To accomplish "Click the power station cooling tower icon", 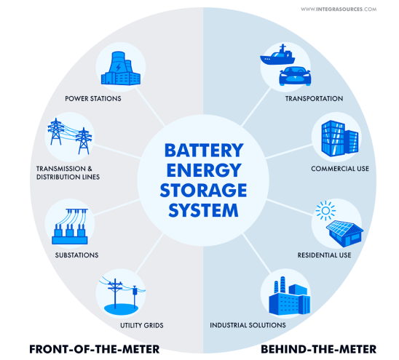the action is (x=121, y=68).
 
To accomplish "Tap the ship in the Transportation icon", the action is (x=277, y=55).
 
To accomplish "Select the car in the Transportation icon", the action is (x=295, y=76).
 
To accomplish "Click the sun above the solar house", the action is (x=325, y=211).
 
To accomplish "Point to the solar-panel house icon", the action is (x=345, y=233).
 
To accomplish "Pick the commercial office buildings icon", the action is (x=340, y=138).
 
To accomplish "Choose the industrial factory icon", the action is (x=290, y=296).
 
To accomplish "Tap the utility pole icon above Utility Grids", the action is (x=122, y=296).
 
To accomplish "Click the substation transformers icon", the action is (x=70, y=226).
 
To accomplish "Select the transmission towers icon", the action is (x=70, y=136).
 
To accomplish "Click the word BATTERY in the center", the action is (x=204, y=151).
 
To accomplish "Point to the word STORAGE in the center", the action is (x=203, y=190).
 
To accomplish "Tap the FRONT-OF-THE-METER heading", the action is (x=95, y=349).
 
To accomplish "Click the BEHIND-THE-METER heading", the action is (x=319, y=349).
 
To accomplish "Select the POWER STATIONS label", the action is (x=93, y=99).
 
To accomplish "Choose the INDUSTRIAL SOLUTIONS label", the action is (x=248, y=325).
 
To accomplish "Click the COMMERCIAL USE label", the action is (x=340, y=169).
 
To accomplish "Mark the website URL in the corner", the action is (x=339, y=9).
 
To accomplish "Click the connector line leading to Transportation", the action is (x=256, y=106).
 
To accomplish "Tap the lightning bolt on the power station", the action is (x=119, y=68).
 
